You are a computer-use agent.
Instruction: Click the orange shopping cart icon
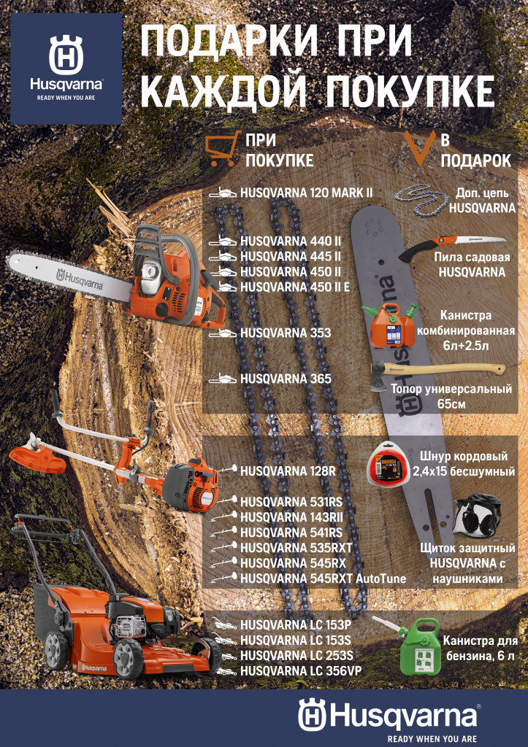[221, 149]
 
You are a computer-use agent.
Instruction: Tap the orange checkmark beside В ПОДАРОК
[420, 148]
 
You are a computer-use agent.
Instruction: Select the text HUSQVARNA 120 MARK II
[306, 193]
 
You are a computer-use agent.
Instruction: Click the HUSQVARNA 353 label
[286, 333]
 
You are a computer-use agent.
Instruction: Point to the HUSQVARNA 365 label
[286, 379]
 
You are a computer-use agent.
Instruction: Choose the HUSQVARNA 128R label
[288, 471]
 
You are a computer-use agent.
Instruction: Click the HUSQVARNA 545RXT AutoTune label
[323, 578]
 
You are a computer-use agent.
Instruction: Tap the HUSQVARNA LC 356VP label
[300, 671]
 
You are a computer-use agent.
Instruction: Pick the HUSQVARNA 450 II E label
[298, 287]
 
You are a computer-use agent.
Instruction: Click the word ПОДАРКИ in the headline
[229, 42]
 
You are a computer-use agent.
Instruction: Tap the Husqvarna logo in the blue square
[66, 69]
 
